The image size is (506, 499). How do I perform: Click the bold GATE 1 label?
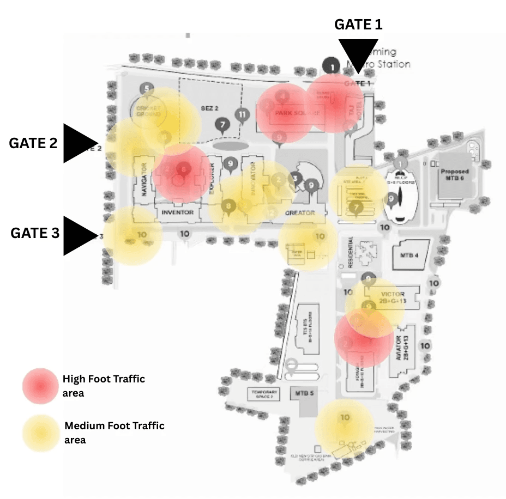(x=358, y=25)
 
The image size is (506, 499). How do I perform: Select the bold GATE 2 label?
(x=33, y=143)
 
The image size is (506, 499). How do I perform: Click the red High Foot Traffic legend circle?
(x=40, y=386)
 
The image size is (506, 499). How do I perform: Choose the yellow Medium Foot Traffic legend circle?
(x=40, y=433)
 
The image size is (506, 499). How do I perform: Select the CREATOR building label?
(x=300, y=213)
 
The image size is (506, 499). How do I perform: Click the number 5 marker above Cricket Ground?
(x=146, y=88)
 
